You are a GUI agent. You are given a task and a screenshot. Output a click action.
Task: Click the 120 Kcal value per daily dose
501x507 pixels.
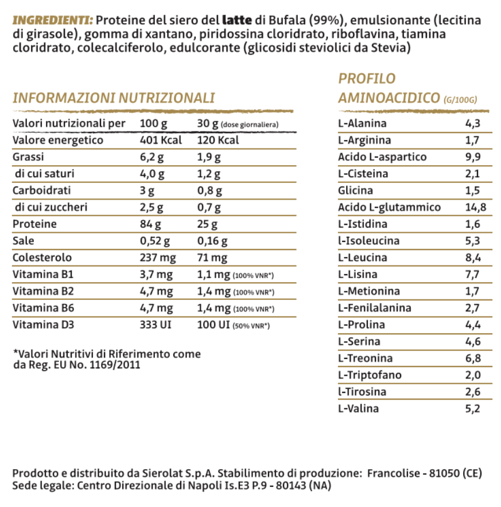pos(218,141)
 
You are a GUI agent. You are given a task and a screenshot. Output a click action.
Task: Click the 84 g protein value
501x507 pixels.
pos(152,224)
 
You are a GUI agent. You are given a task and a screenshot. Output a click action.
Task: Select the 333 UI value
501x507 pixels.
pos(157,325)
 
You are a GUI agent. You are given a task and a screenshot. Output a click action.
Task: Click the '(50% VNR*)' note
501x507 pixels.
pos(251,326)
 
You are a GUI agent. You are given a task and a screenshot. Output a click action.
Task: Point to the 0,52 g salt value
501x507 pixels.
pos(155,241)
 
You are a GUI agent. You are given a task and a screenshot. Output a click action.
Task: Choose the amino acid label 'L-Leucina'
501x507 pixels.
pos(363,258)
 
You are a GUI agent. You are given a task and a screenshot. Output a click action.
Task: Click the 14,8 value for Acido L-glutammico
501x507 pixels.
pos(476,207)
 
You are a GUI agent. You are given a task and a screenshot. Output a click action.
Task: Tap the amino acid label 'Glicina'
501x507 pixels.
pos(355,190)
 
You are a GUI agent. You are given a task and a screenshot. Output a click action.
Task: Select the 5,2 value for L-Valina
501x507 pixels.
pos(472,409)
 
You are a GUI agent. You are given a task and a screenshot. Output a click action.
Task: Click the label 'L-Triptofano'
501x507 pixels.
pos(370,375)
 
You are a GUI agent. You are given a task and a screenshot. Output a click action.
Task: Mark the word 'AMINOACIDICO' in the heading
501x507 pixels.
pos(389,97)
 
